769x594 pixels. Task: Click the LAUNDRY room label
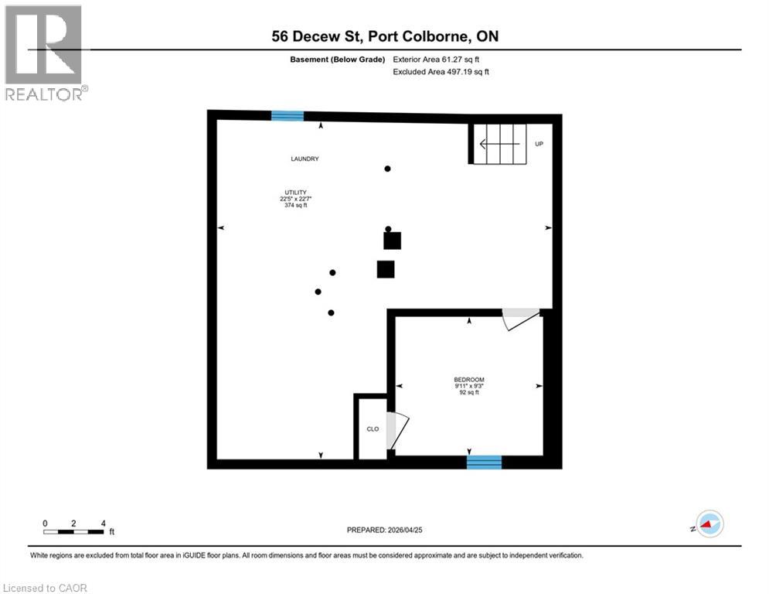(305, 159)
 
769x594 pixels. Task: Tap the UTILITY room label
(294, 192)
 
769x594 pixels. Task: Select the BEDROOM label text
(469, 379)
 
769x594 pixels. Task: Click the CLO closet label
(373, 428)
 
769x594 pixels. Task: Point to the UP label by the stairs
(539, 144)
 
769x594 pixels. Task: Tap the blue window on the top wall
(288, 116)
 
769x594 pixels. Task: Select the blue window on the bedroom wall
(484, 463)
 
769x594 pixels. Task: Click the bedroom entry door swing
(518, 318)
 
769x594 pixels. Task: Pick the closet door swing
(396, 430)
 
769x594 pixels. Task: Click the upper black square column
(393, 241)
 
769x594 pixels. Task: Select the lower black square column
(386, 269)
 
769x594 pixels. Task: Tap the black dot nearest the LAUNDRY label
(388, 169)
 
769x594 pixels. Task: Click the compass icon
(709, 524)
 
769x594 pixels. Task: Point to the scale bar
(74, 531)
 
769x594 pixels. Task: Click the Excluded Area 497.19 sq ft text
(441, 71)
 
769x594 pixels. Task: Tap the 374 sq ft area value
(294, 206)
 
